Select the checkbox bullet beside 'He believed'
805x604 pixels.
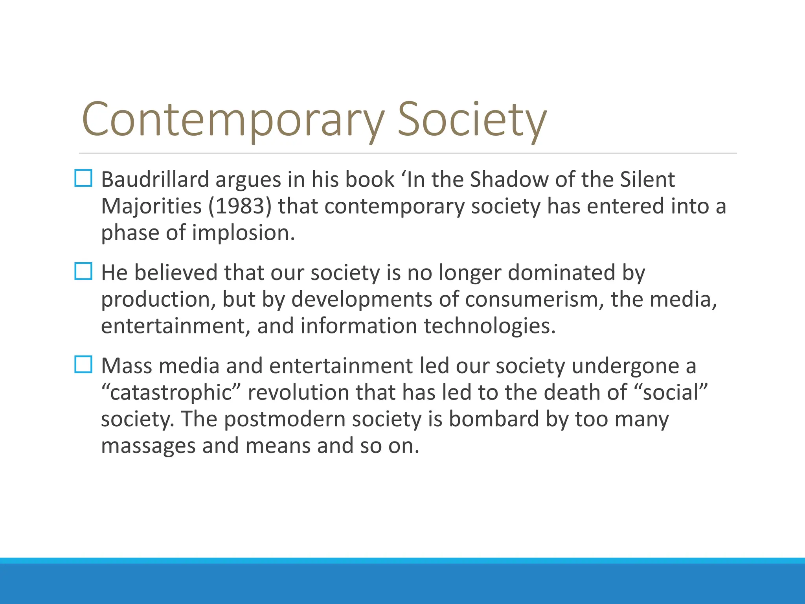tap(83, 271)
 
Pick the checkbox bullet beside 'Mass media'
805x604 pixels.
tap(83, 365)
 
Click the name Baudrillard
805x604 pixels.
tap(155, 179)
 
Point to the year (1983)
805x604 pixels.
tap(240, 206)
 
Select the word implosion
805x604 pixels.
tap(243, 233)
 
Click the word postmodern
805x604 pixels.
tap(284, 419)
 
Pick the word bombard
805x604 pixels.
tap(494, 419)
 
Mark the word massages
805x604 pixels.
tap(148, 446)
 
